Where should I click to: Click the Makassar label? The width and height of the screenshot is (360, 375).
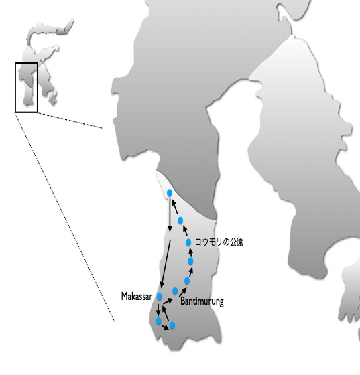pos(137,297)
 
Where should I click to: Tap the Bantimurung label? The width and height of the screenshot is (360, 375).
pos(202,301)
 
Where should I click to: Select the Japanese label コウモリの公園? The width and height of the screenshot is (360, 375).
pos(219,242)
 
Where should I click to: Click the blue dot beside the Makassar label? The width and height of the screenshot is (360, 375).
pos(159,297)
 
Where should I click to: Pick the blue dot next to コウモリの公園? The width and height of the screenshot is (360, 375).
pos(188,242)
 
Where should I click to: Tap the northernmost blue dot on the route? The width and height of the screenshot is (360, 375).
pos(170,193)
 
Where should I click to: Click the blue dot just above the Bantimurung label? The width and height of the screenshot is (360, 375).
pos(175,291)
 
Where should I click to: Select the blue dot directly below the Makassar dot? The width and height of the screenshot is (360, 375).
pos(158,321)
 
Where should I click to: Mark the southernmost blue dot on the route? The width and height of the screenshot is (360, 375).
pos(172,325)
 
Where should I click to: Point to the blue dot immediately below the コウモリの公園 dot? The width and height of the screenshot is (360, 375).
pos(190,261)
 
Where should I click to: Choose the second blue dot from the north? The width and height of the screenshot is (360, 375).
pos(180,220)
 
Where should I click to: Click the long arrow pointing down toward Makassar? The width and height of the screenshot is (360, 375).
pos(166,264)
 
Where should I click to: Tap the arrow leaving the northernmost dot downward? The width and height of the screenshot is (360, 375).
pos(170,215)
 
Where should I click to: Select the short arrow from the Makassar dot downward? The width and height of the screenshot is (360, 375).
pos(158,309)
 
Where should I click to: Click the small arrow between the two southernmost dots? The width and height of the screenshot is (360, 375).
pos(166,327)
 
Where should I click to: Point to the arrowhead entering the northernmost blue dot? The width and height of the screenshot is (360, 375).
pos(174,203)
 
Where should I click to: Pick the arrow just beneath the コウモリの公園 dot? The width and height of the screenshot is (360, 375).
pos(191,252)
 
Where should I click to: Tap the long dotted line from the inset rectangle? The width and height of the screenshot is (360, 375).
pos(64,218)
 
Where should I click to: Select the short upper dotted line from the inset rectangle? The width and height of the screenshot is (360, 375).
pos(70,121)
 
